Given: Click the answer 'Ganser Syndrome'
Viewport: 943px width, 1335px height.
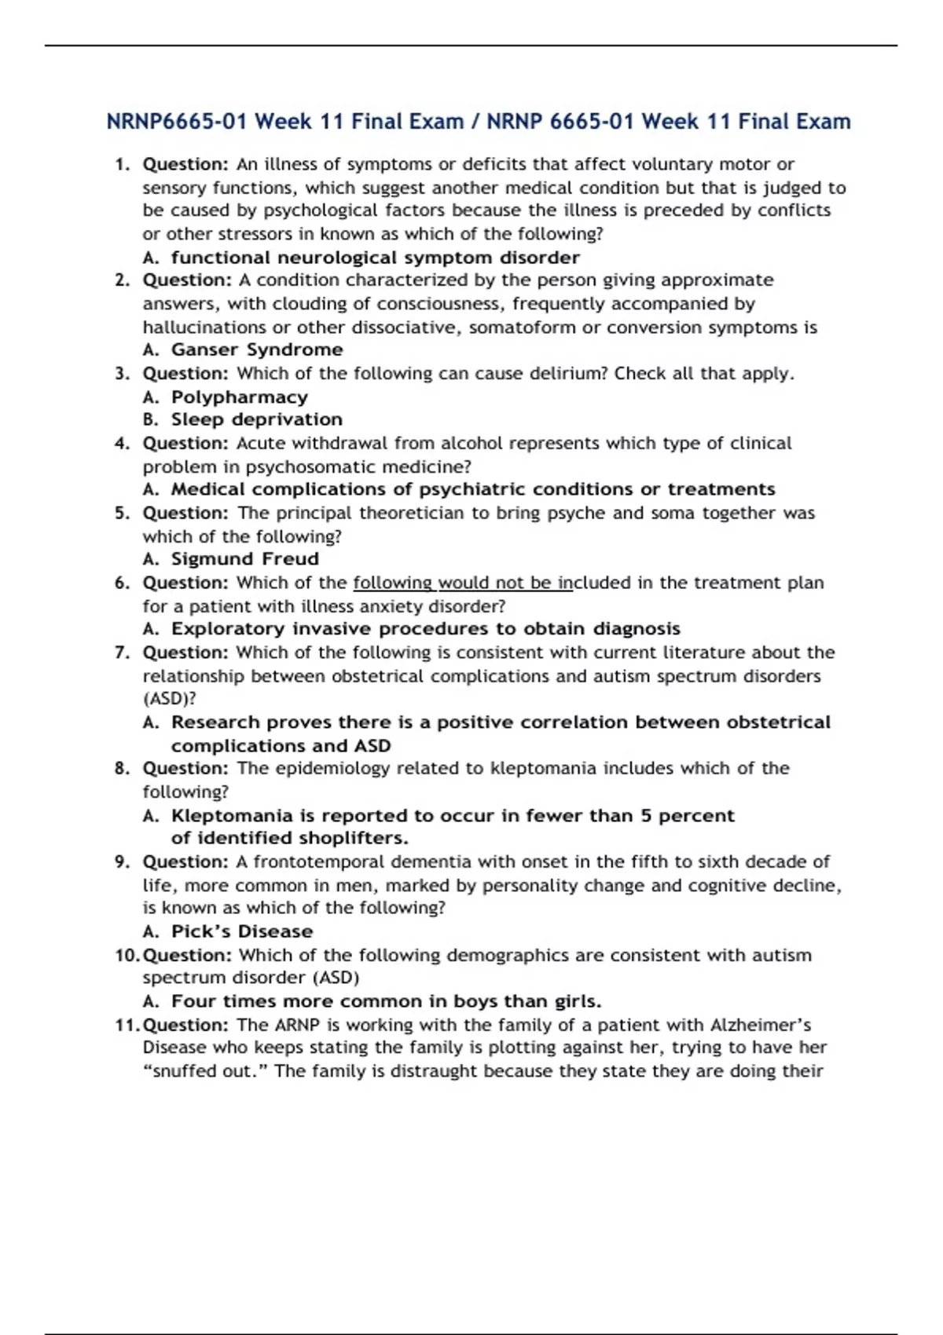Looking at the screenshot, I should click(257, 349).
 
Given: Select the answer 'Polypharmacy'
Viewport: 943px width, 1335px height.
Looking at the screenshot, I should click(240, 397).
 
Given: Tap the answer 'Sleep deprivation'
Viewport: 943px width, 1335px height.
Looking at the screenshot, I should click(257, 419).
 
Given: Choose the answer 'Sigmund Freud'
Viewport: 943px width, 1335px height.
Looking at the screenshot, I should click(245, 559).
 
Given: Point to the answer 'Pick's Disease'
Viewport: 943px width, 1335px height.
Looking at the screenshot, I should click(242, 931).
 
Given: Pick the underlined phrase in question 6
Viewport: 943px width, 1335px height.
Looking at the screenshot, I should click(463, 583).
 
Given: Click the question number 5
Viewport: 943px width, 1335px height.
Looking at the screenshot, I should click(122, 513).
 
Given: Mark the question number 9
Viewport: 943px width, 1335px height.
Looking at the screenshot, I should click(122, 861).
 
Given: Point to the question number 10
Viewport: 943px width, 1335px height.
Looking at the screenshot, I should click(127, 955).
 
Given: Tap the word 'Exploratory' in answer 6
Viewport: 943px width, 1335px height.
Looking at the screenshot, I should click(228, 629).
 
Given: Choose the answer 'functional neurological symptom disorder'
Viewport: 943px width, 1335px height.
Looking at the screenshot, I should click(376, 258).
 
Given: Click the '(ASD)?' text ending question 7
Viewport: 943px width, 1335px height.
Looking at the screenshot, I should click(169, 698).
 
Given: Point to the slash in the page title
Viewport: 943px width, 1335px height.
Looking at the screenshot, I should click(475, 122).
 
